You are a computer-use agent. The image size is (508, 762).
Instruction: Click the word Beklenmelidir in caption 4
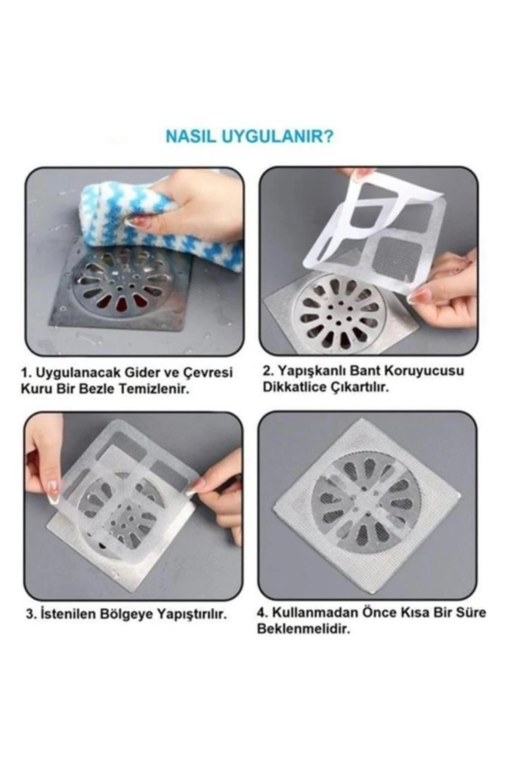point(304,629)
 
